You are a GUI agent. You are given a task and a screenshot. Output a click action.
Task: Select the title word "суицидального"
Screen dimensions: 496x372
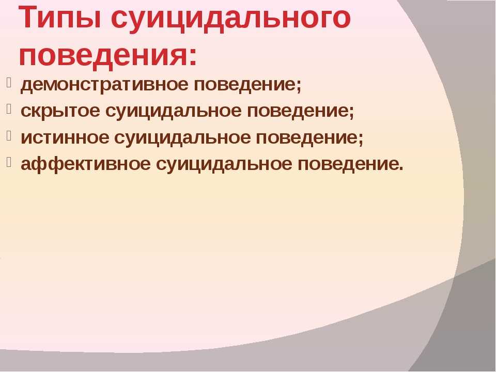point(231,20)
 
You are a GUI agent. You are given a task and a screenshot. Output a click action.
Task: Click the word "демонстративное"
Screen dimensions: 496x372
point(104,85)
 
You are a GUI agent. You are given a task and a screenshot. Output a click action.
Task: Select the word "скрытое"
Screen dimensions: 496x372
point(60,112)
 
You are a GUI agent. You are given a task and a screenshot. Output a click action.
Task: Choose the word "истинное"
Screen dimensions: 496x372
point(65,137)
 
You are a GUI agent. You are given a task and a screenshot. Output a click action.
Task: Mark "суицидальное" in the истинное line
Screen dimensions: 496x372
point(182,137)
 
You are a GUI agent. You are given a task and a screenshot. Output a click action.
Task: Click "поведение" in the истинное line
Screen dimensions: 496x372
point(307,137)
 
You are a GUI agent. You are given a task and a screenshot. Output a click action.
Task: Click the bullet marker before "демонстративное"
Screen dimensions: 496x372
point(9,83)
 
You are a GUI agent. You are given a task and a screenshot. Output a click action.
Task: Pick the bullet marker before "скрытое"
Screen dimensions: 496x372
point(9,110)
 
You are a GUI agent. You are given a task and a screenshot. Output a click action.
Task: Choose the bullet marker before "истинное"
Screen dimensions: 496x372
point(9,136)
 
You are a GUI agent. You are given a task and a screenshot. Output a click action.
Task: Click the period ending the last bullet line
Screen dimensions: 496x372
point(401,169)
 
